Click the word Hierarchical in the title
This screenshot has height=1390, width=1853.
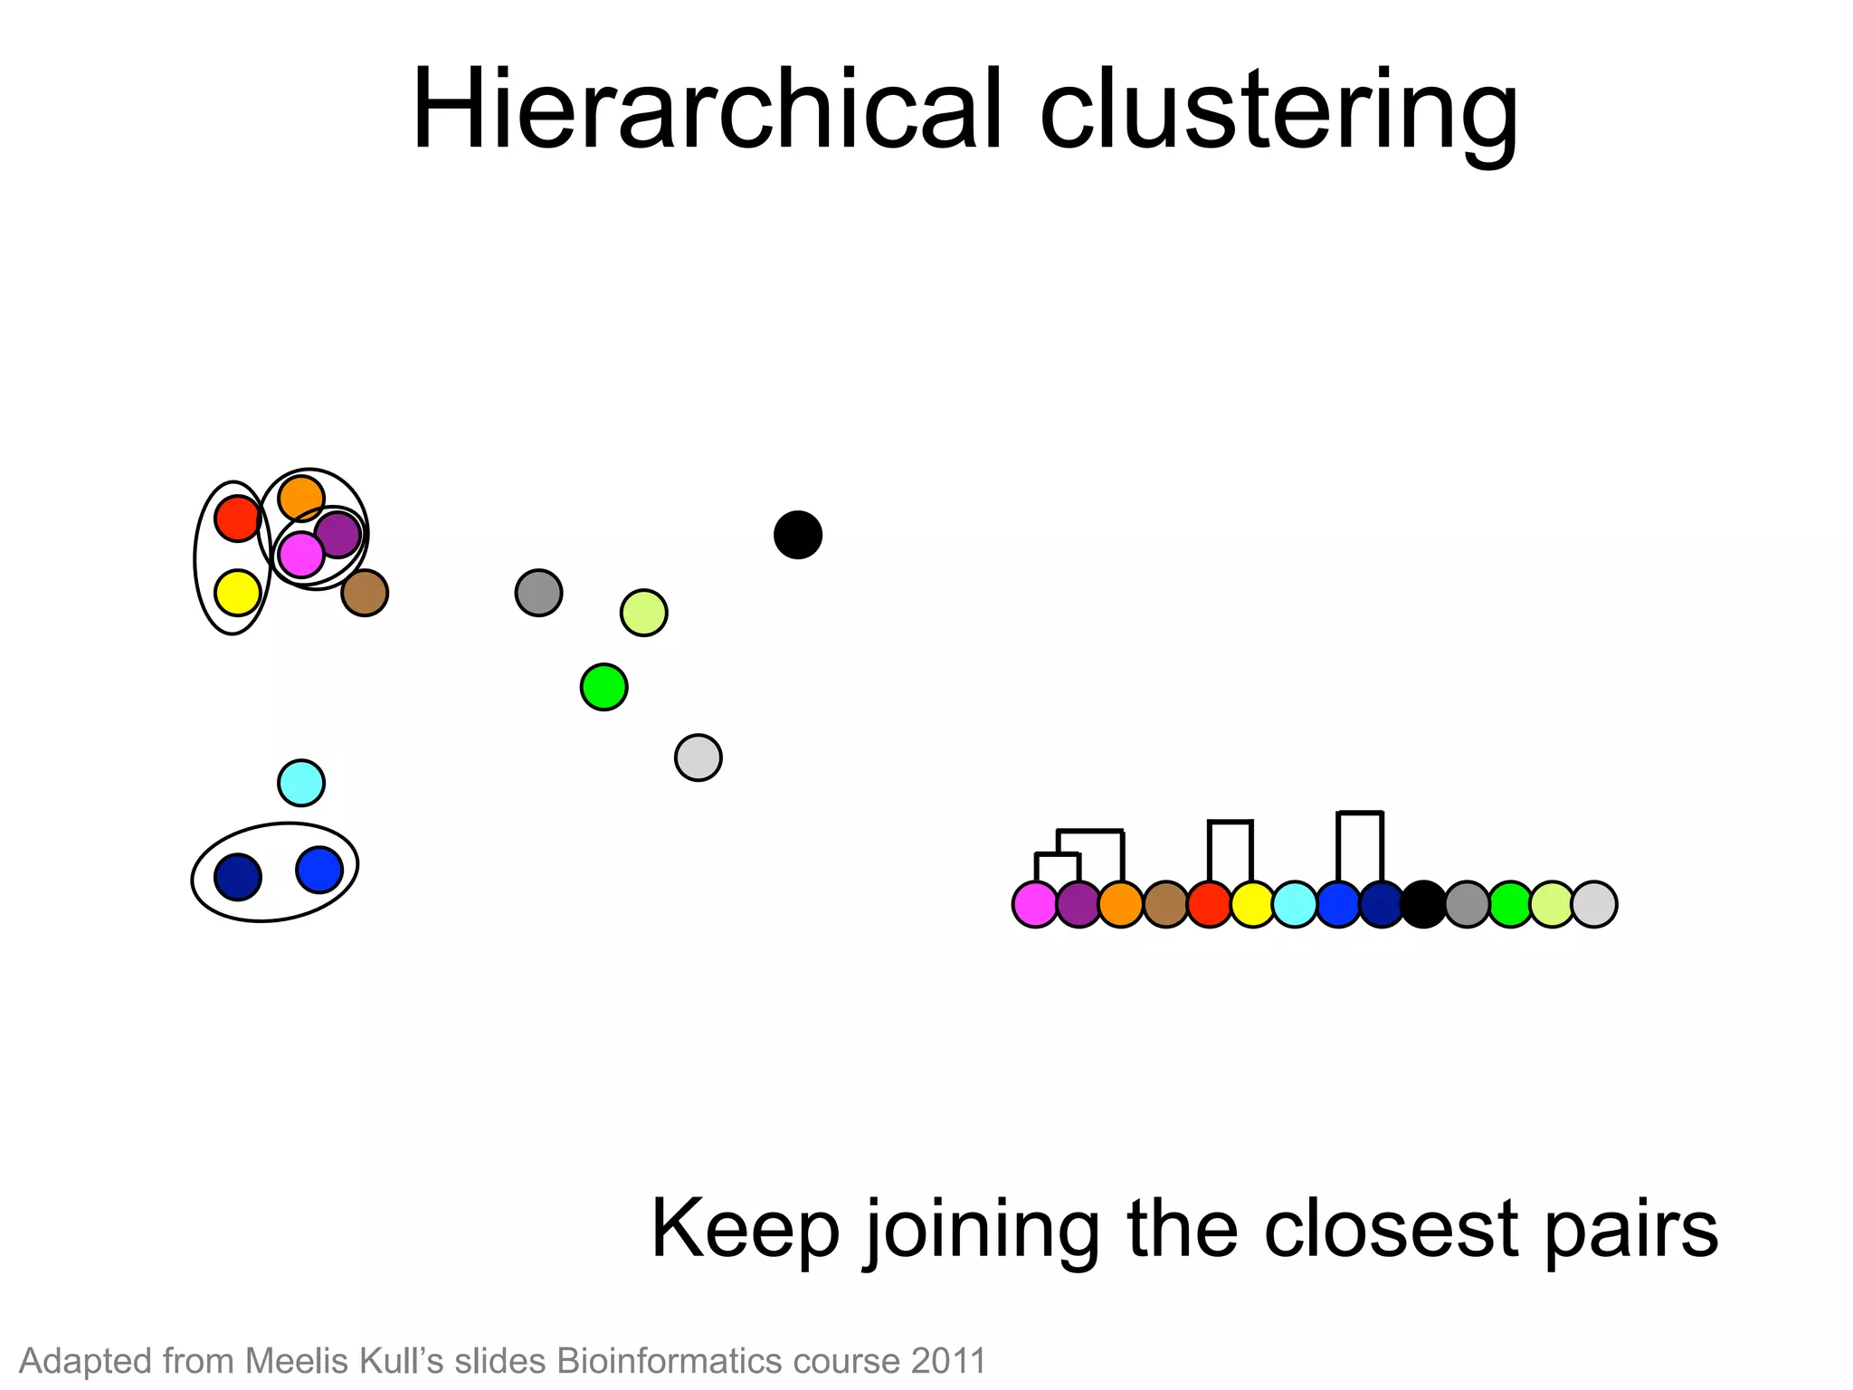pos(706,110)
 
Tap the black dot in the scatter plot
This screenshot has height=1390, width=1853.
pos(797,535)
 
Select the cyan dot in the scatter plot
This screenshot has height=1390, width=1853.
pos(301,783)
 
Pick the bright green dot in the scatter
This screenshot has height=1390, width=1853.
pos(603,687)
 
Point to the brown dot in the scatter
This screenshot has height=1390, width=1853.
pos(365,593)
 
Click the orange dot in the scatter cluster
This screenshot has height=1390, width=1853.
pos(301,497)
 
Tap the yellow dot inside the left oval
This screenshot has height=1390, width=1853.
pos(237,593)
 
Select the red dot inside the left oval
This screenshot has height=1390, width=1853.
pos(237,519)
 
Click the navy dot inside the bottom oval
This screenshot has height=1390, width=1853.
pos(238,877)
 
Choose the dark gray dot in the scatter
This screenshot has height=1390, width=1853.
pos(538,593)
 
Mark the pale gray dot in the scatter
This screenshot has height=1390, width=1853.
pos(698,757)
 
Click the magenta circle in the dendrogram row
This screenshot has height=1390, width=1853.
pos(1035,904)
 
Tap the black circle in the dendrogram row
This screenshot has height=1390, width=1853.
pos(1423,904)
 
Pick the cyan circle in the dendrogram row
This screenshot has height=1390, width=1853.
pos(1295,904)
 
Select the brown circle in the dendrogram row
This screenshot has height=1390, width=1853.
pos(1165,904)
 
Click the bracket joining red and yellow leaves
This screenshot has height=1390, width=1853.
pos(1231,823)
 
